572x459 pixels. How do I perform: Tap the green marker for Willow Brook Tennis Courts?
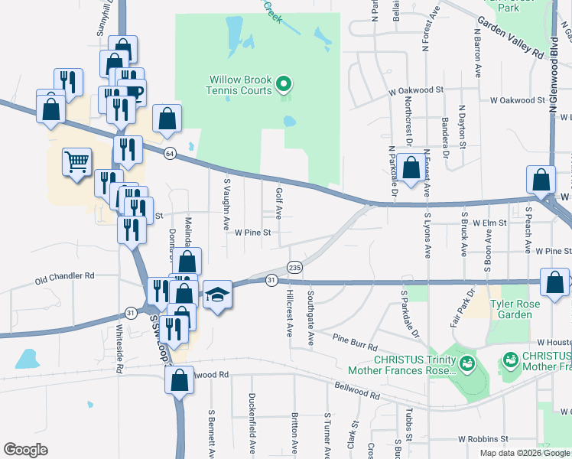pyautogui.click(x=284, y=83)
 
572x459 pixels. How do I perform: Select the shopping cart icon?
pyautogui.click(x=76, y=162)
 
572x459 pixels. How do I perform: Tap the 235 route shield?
pyautogui.click(x=295, y=267)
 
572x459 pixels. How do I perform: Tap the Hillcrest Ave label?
pyautogui.click(x=290, y=313)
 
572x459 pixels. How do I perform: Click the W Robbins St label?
pyautogui.click(x=483, y=439)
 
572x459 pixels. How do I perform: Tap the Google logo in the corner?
pyautogui.click(x=25, y=450)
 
